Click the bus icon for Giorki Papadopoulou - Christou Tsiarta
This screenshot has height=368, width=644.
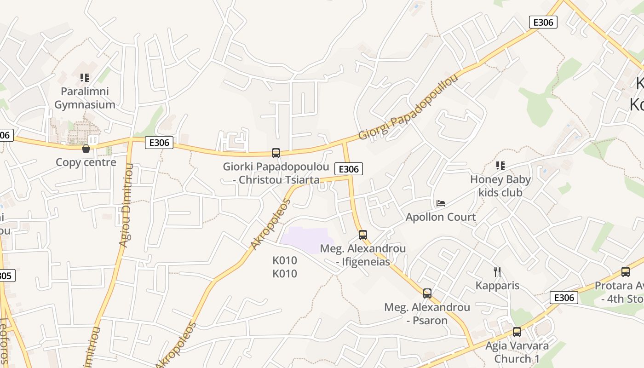point(276,153)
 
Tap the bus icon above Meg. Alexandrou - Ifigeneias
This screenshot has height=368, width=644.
point(363,235)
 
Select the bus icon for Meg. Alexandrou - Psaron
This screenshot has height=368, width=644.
point(427,293)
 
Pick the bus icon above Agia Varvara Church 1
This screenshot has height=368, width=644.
point(517,332)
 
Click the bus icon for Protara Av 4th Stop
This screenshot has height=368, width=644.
point(626,272)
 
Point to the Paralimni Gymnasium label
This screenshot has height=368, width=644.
point(85,98)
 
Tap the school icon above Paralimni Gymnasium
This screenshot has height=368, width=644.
point(85,78)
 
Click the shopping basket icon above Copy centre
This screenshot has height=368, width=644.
point(86,148)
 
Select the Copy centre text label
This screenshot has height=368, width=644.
point(86,162)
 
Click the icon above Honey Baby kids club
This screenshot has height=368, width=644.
point(500,166)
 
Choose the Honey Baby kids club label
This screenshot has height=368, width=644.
point(500,186)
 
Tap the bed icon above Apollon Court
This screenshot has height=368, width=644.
point(441,203)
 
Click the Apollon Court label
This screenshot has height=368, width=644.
point(441,217)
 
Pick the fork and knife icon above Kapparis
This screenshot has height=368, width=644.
point(497,272)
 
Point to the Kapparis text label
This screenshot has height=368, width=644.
point(497,286)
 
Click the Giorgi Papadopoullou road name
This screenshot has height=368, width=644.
point(408,107)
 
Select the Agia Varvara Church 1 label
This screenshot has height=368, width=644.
point(517,352)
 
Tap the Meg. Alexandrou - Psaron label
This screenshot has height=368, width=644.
point(427,314)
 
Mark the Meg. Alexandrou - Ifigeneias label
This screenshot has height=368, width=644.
point(363,255)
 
